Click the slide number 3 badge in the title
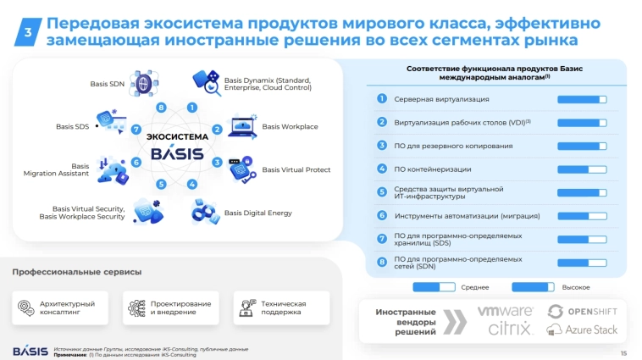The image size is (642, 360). point(28,32)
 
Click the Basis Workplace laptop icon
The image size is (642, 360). point(243,127)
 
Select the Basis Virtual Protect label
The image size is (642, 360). point(296,169)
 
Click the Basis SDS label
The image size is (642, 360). point(72,127)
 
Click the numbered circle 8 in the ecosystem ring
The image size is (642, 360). point(160,108)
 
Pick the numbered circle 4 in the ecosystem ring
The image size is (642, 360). point(192,184)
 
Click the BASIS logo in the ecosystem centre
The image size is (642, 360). point(176,153)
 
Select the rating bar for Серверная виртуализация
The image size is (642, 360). point(582,99)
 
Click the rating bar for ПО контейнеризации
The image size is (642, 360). point(582,169)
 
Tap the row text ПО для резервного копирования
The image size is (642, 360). point(453,146)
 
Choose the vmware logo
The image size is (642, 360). point(506,311)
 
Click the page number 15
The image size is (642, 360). point(623,352)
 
